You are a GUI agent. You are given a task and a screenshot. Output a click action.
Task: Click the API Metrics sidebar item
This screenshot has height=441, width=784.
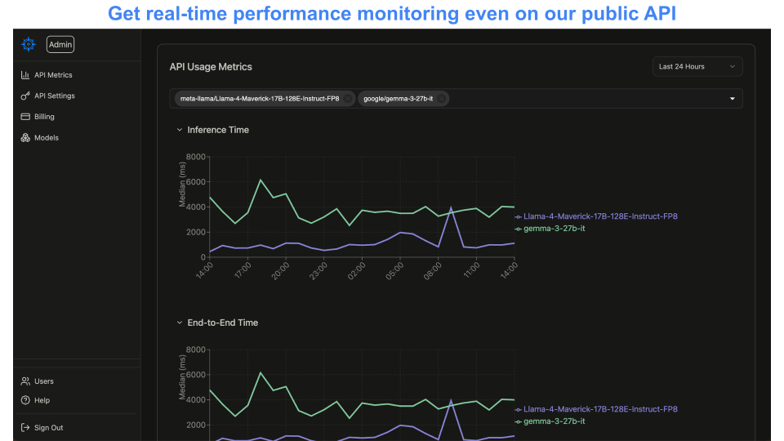(53, 75)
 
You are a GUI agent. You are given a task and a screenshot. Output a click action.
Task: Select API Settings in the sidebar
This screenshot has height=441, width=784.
(54, 96)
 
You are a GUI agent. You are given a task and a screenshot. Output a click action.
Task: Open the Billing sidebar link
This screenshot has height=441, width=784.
(44, 117)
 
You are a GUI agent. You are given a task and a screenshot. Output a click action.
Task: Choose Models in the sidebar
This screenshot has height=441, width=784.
(46, 138)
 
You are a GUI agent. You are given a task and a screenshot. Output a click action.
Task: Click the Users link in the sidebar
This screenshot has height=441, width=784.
(43, 381)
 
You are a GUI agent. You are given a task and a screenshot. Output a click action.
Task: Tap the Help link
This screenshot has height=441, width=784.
(42, 400)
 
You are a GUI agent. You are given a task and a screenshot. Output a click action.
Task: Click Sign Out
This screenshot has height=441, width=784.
(48, 428)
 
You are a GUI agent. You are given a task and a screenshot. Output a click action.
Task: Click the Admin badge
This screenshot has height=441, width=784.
(60, 45)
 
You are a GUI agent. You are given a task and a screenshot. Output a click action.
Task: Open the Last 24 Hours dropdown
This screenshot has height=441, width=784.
(697, 67)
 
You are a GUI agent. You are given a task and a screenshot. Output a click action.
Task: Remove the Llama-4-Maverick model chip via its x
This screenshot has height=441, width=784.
(348, 99)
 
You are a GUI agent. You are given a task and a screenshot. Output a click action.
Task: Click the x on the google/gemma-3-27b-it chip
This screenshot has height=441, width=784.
(442, 99)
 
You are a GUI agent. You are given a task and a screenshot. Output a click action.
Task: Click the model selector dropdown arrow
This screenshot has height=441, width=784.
(732, 99)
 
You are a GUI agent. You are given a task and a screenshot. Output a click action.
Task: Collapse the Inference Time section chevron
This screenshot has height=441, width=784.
(179, 130)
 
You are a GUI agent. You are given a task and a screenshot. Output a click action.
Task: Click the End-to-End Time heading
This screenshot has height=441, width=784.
(222, 323)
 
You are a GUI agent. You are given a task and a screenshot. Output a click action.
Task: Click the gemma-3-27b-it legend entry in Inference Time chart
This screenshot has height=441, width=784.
(554, 229)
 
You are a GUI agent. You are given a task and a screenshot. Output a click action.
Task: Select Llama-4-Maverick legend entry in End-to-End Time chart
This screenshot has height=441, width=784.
(600, 409)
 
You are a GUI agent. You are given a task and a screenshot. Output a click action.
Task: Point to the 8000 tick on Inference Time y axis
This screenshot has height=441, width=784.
(196, 157)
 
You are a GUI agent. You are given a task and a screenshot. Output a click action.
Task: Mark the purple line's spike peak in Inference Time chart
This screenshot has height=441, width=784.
(451, 207)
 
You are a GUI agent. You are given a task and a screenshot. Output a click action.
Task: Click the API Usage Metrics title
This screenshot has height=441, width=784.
(211, 67)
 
